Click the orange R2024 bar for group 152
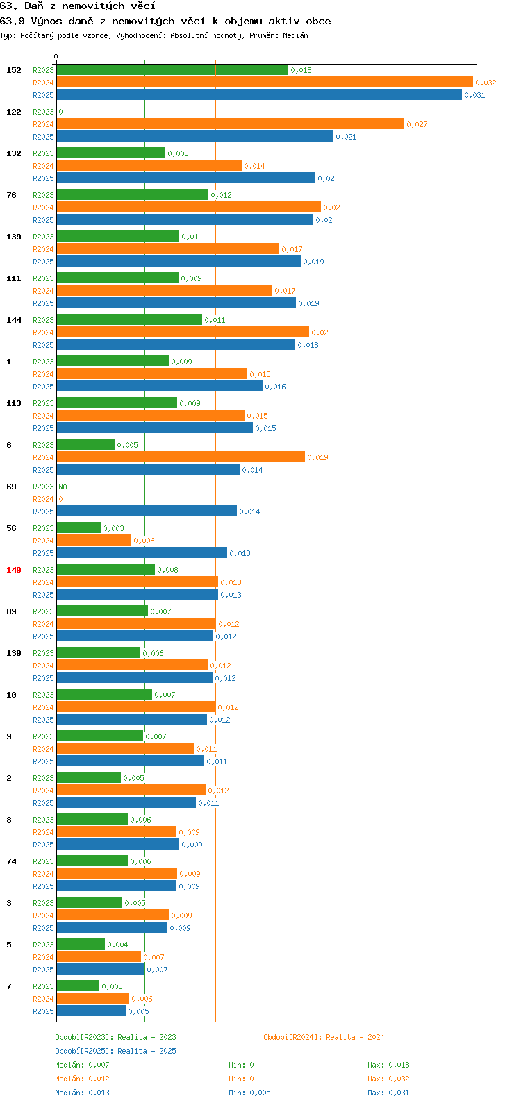click(265, 83)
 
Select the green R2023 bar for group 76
click(133, 195)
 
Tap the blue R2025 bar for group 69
click(147, 512)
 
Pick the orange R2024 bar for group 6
click(181, 457)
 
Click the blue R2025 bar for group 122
click(195, 137)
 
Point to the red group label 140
click(14, 570)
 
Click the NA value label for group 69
click(63, 487)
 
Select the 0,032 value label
click(486, 83)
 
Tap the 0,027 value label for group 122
click(417, 124)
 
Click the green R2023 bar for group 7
click(78, 986)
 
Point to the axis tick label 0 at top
click(56, 56)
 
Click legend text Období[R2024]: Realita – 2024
click(324, 1037)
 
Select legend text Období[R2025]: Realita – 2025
click(115, 1051)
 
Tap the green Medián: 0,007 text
click(83, 1065)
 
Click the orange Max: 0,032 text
click(388, 1079)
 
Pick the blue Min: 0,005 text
click(250, 1093)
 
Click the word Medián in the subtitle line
click(295, 35)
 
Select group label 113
click(14, 403)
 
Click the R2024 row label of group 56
click(44, 541)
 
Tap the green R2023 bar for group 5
click(81, 944)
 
